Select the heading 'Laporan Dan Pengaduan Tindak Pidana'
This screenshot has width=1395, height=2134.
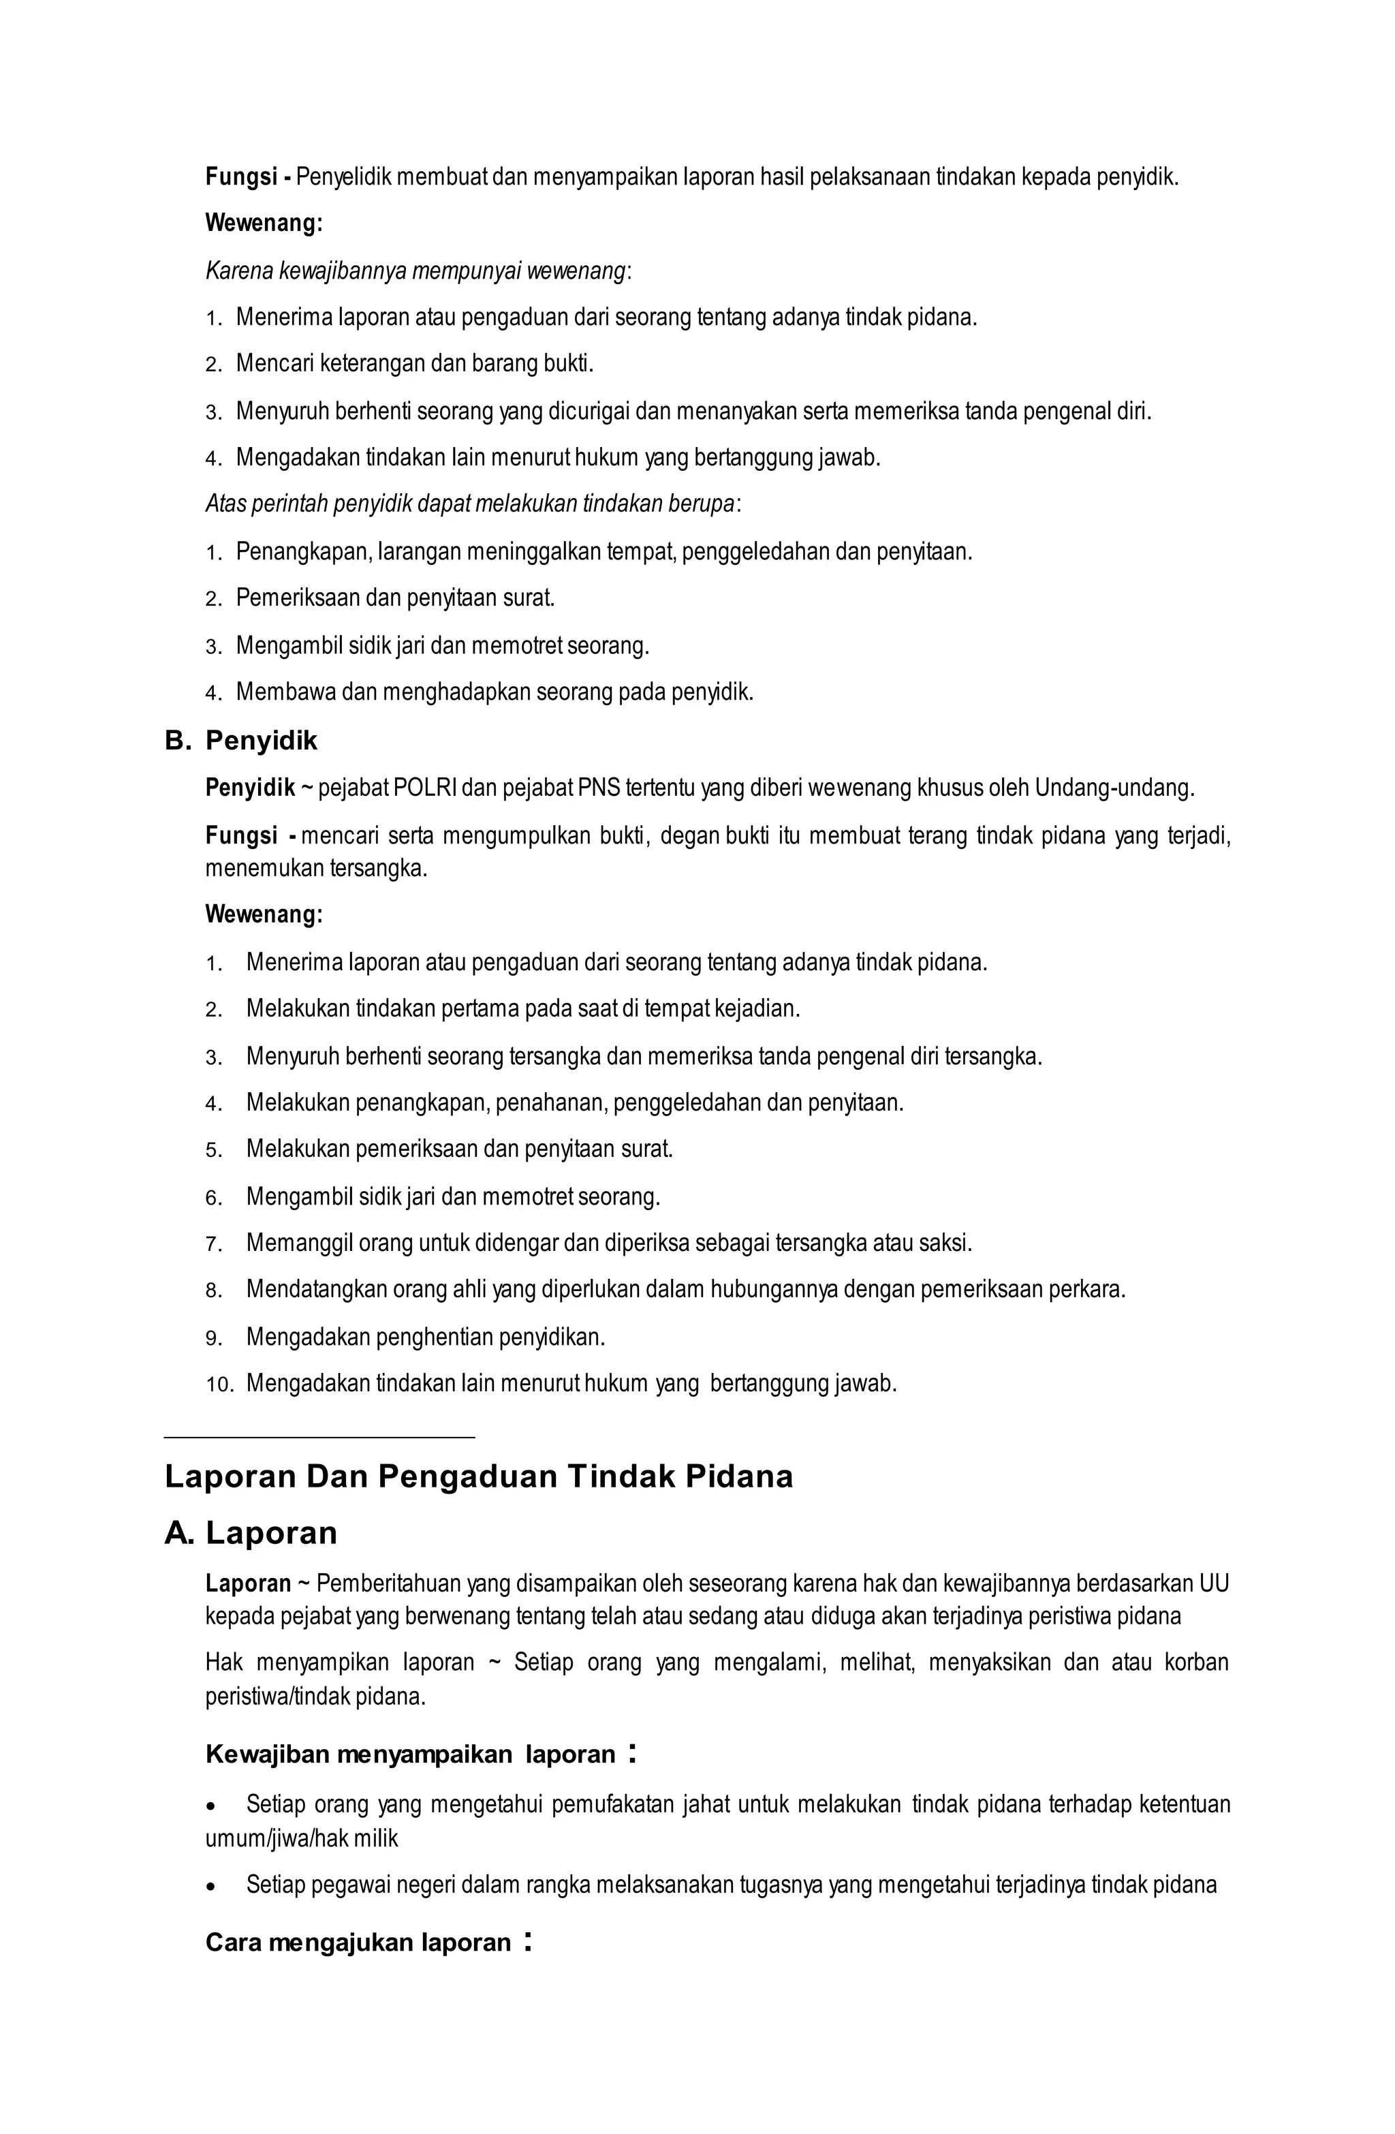point(479,1476)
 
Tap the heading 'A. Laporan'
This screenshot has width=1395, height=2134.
point(251,1533)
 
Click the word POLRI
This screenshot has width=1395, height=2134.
point(425,788)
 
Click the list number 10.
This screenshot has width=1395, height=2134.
point(219,1384)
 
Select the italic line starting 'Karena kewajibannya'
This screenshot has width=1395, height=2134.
point(418,270)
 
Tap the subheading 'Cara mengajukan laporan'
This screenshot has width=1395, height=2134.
point(358,1942)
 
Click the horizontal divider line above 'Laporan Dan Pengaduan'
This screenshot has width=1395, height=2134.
point(319,1437)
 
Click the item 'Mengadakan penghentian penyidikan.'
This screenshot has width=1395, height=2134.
point(426,1337)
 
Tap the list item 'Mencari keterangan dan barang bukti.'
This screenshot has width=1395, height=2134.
point(415,363)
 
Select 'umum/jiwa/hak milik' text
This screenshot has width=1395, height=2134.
point(302,1838)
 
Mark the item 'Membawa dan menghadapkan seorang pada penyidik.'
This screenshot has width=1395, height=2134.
point(495,692)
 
